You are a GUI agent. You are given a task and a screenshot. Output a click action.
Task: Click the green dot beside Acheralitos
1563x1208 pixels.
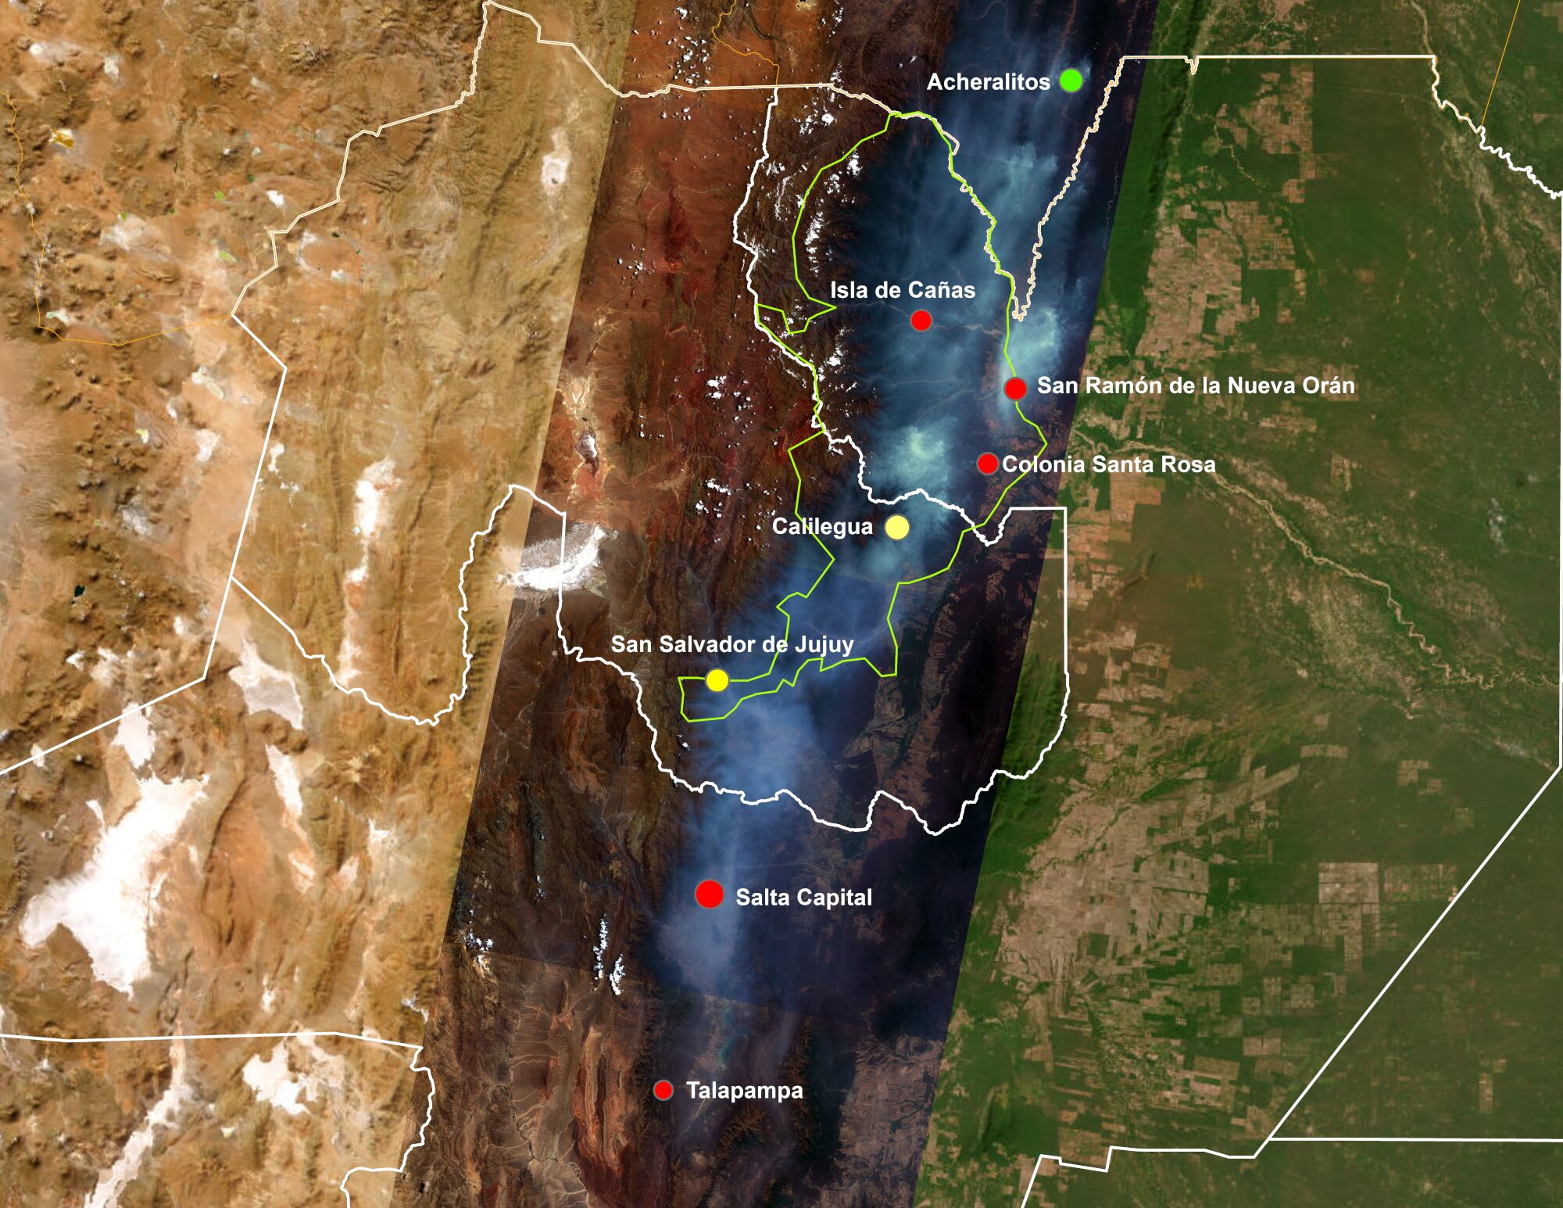tap(1071, 80)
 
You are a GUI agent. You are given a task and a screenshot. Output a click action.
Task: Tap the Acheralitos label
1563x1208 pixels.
tap(988, 82)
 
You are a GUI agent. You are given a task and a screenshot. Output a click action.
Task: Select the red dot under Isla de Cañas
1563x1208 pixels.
tap(921, 320)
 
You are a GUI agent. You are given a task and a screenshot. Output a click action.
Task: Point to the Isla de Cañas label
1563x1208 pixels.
tap(903, 291)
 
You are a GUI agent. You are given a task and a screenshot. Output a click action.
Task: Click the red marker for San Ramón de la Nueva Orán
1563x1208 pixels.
tap(1015, 388)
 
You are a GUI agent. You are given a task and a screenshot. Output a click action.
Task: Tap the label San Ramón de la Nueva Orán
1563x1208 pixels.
tap(1196, 385)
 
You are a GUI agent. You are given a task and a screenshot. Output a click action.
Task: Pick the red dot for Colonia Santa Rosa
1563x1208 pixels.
tap(988, 463)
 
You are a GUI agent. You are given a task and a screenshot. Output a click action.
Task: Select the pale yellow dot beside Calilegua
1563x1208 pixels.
tap(897, 528)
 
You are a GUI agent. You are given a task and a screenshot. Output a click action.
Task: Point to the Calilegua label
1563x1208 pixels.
tap(822, 528)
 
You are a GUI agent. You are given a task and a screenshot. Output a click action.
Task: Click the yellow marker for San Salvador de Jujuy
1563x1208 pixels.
tap(717, 681)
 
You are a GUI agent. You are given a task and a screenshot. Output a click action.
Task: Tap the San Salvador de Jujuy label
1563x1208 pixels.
tap(731, 645)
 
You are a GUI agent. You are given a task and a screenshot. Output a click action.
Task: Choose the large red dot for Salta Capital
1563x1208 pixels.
tap(710, 894)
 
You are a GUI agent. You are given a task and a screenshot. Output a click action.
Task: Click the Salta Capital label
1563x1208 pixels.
tap(803, 897)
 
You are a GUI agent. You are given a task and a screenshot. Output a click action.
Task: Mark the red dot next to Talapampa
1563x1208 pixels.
tap(664, 1090)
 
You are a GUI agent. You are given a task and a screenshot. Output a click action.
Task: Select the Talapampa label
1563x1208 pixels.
tap(744, 1091)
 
